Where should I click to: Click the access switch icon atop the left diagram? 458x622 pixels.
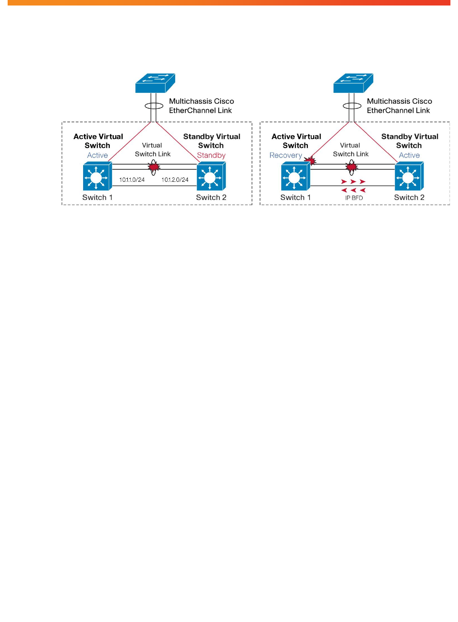(155, 83)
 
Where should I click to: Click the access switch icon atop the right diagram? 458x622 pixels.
(353, 83)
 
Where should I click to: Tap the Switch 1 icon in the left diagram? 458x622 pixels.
(98, 176)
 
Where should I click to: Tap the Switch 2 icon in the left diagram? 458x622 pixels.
(211, 176)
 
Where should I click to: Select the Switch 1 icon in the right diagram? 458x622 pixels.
(296, 176)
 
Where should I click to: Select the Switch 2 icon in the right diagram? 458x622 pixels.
(409, 176)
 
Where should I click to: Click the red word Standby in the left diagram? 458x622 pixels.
(211, 155)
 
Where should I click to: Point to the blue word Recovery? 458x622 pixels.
(286, 155)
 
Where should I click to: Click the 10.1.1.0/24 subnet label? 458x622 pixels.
(132, 180)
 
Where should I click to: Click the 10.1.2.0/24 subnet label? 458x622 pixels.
(175, 180)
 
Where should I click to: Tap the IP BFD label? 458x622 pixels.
(354, 198)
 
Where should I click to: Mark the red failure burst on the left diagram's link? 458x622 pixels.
(154, 167)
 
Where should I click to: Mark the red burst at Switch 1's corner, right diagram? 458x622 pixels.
(310, 161)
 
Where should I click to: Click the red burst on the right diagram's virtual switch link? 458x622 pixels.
(352, 167)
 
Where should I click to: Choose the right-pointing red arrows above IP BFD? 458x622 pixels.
(353, 182)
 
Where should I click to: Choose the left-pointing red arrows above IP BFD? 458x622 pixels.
(353, 190)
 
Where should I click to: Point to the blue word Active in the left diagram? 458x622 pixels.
(97, 155)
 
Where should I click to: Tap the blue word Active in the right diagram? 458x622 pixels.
(409, 155)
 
